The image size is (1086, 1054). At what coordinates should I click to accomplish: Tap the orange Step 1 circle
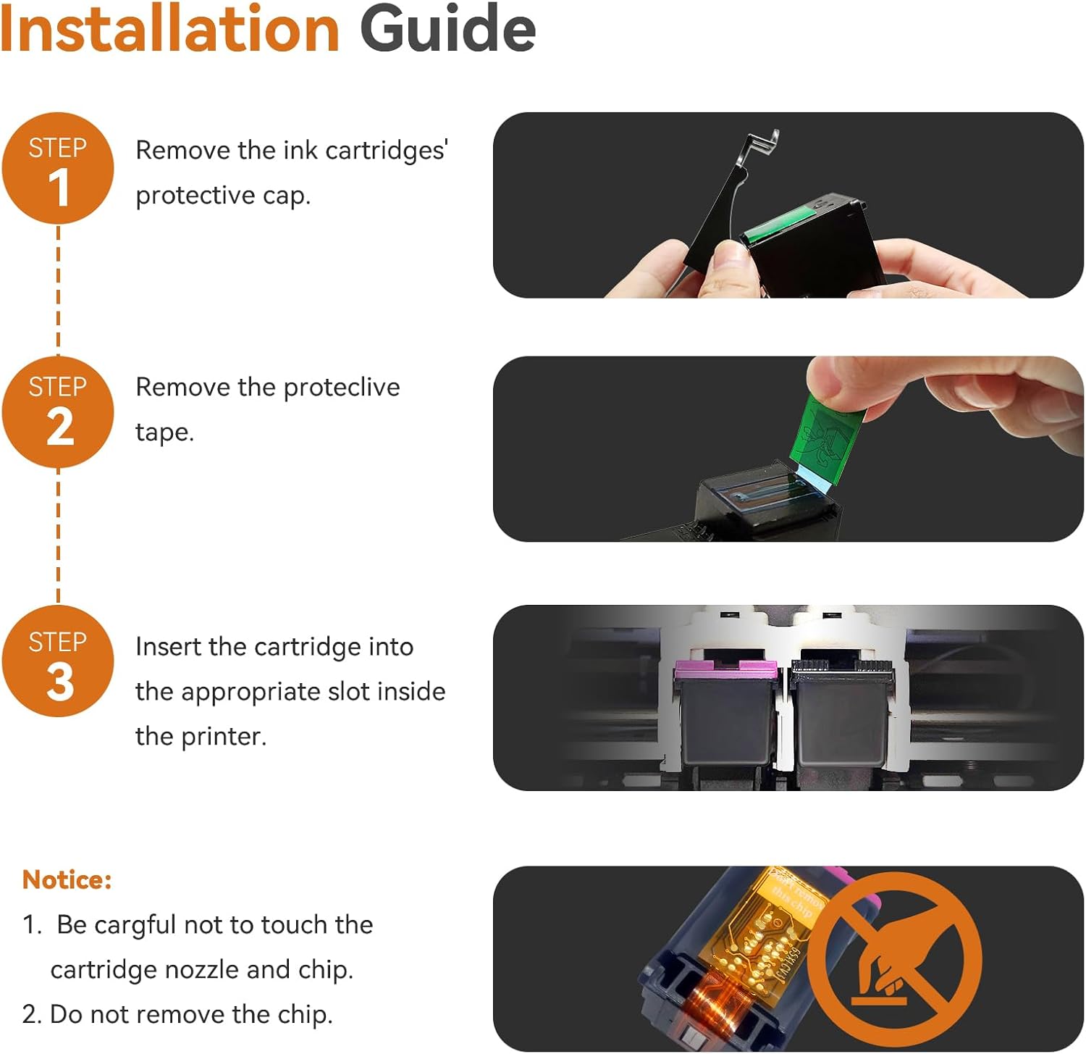click(58, 168)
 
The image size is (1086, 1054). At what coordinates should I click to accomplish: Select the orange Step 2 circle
click(58, 412)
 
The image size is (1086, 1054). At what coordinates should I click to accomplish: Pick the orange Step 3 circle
click(58, 661)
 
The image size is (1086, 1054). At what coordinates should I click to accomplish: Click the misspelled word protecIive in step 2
click(342, 388)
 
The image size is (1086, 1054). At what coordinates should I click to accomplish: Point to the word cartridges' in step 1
click(387, 151)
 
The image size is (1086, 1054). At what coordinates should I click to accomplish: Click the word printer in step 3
click(223, 737)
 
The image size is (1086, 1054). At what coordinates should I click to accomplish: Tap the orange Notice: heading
click(67, 879)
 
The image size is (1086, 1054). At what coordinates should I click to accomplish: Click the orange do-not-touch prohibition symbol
click(895, 960)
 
